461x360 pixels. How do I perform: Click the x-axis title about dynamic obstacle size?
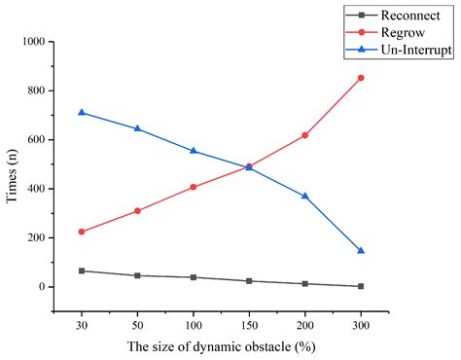pos(221,346)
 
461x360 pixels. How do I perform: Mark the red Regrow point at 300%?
pos(361,78)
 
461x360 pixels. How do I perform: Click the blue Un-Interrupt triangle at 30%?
pos(82,112)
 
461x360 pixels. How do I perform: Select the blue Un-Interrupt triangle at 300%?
pos(361,250)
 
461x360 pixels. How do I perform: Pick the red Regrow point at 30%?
pos(82,232)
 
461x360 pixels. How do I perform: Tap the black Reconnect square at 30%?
pos(82,270)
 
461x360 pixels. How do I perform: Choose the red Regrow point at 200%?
pos(305,135)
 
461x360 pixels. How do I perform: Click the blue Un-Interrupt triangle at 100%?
pos(194,151)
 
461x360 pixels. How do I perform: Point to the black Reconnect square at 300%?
pos(361,286)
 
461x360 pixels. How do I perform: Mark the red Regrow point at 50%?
pos(137,211)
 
